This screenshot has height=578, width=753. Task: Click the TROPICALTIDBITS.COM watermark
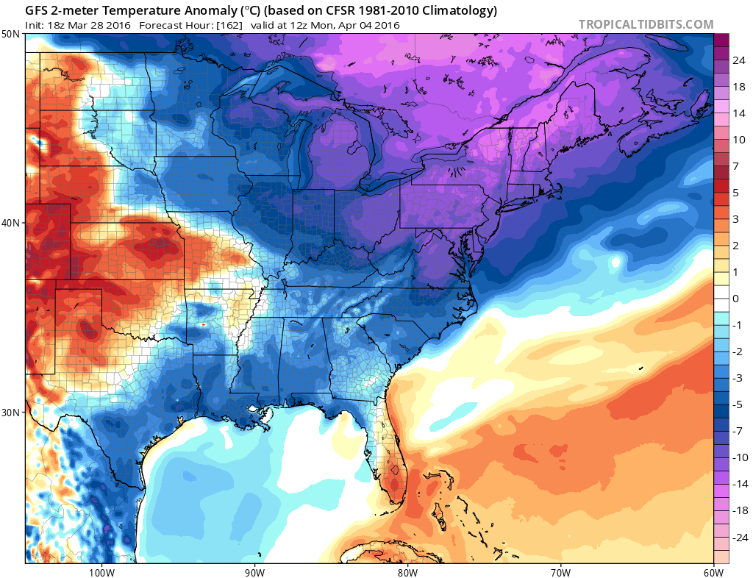646,24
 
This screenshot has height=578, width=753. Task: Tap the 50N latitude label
11,34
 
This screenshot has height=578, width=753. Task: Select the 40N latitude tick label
11,223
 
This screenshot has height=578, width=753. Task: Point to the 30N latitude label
11,412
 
